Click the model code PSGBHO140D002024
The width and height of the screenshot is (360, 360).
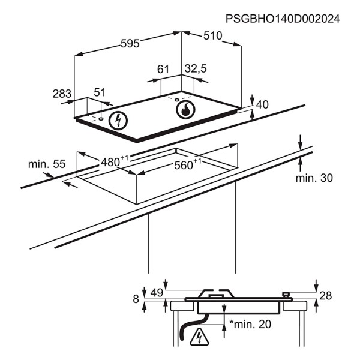(x=283, y=19)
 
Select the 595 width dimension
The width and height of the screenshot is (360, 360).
(x=130, y=43)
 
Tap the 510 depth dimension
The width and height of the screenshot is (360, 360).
(x=212, y=37)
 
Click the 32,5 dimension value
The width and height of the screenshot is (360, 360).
(x=195, y=69)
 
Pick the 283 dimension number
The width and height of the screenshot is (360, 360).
(x=62, y=94)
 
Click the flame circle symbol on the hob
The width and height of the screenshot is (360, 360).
(x=186, y=110)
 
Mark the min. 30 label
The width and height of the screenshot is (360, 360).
(x=314, y=178)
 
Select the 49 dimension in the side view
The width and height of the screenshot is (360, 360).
(x=157, y=293)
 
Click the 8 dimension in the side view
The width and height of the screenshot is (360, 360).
(x=136, y=299)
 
